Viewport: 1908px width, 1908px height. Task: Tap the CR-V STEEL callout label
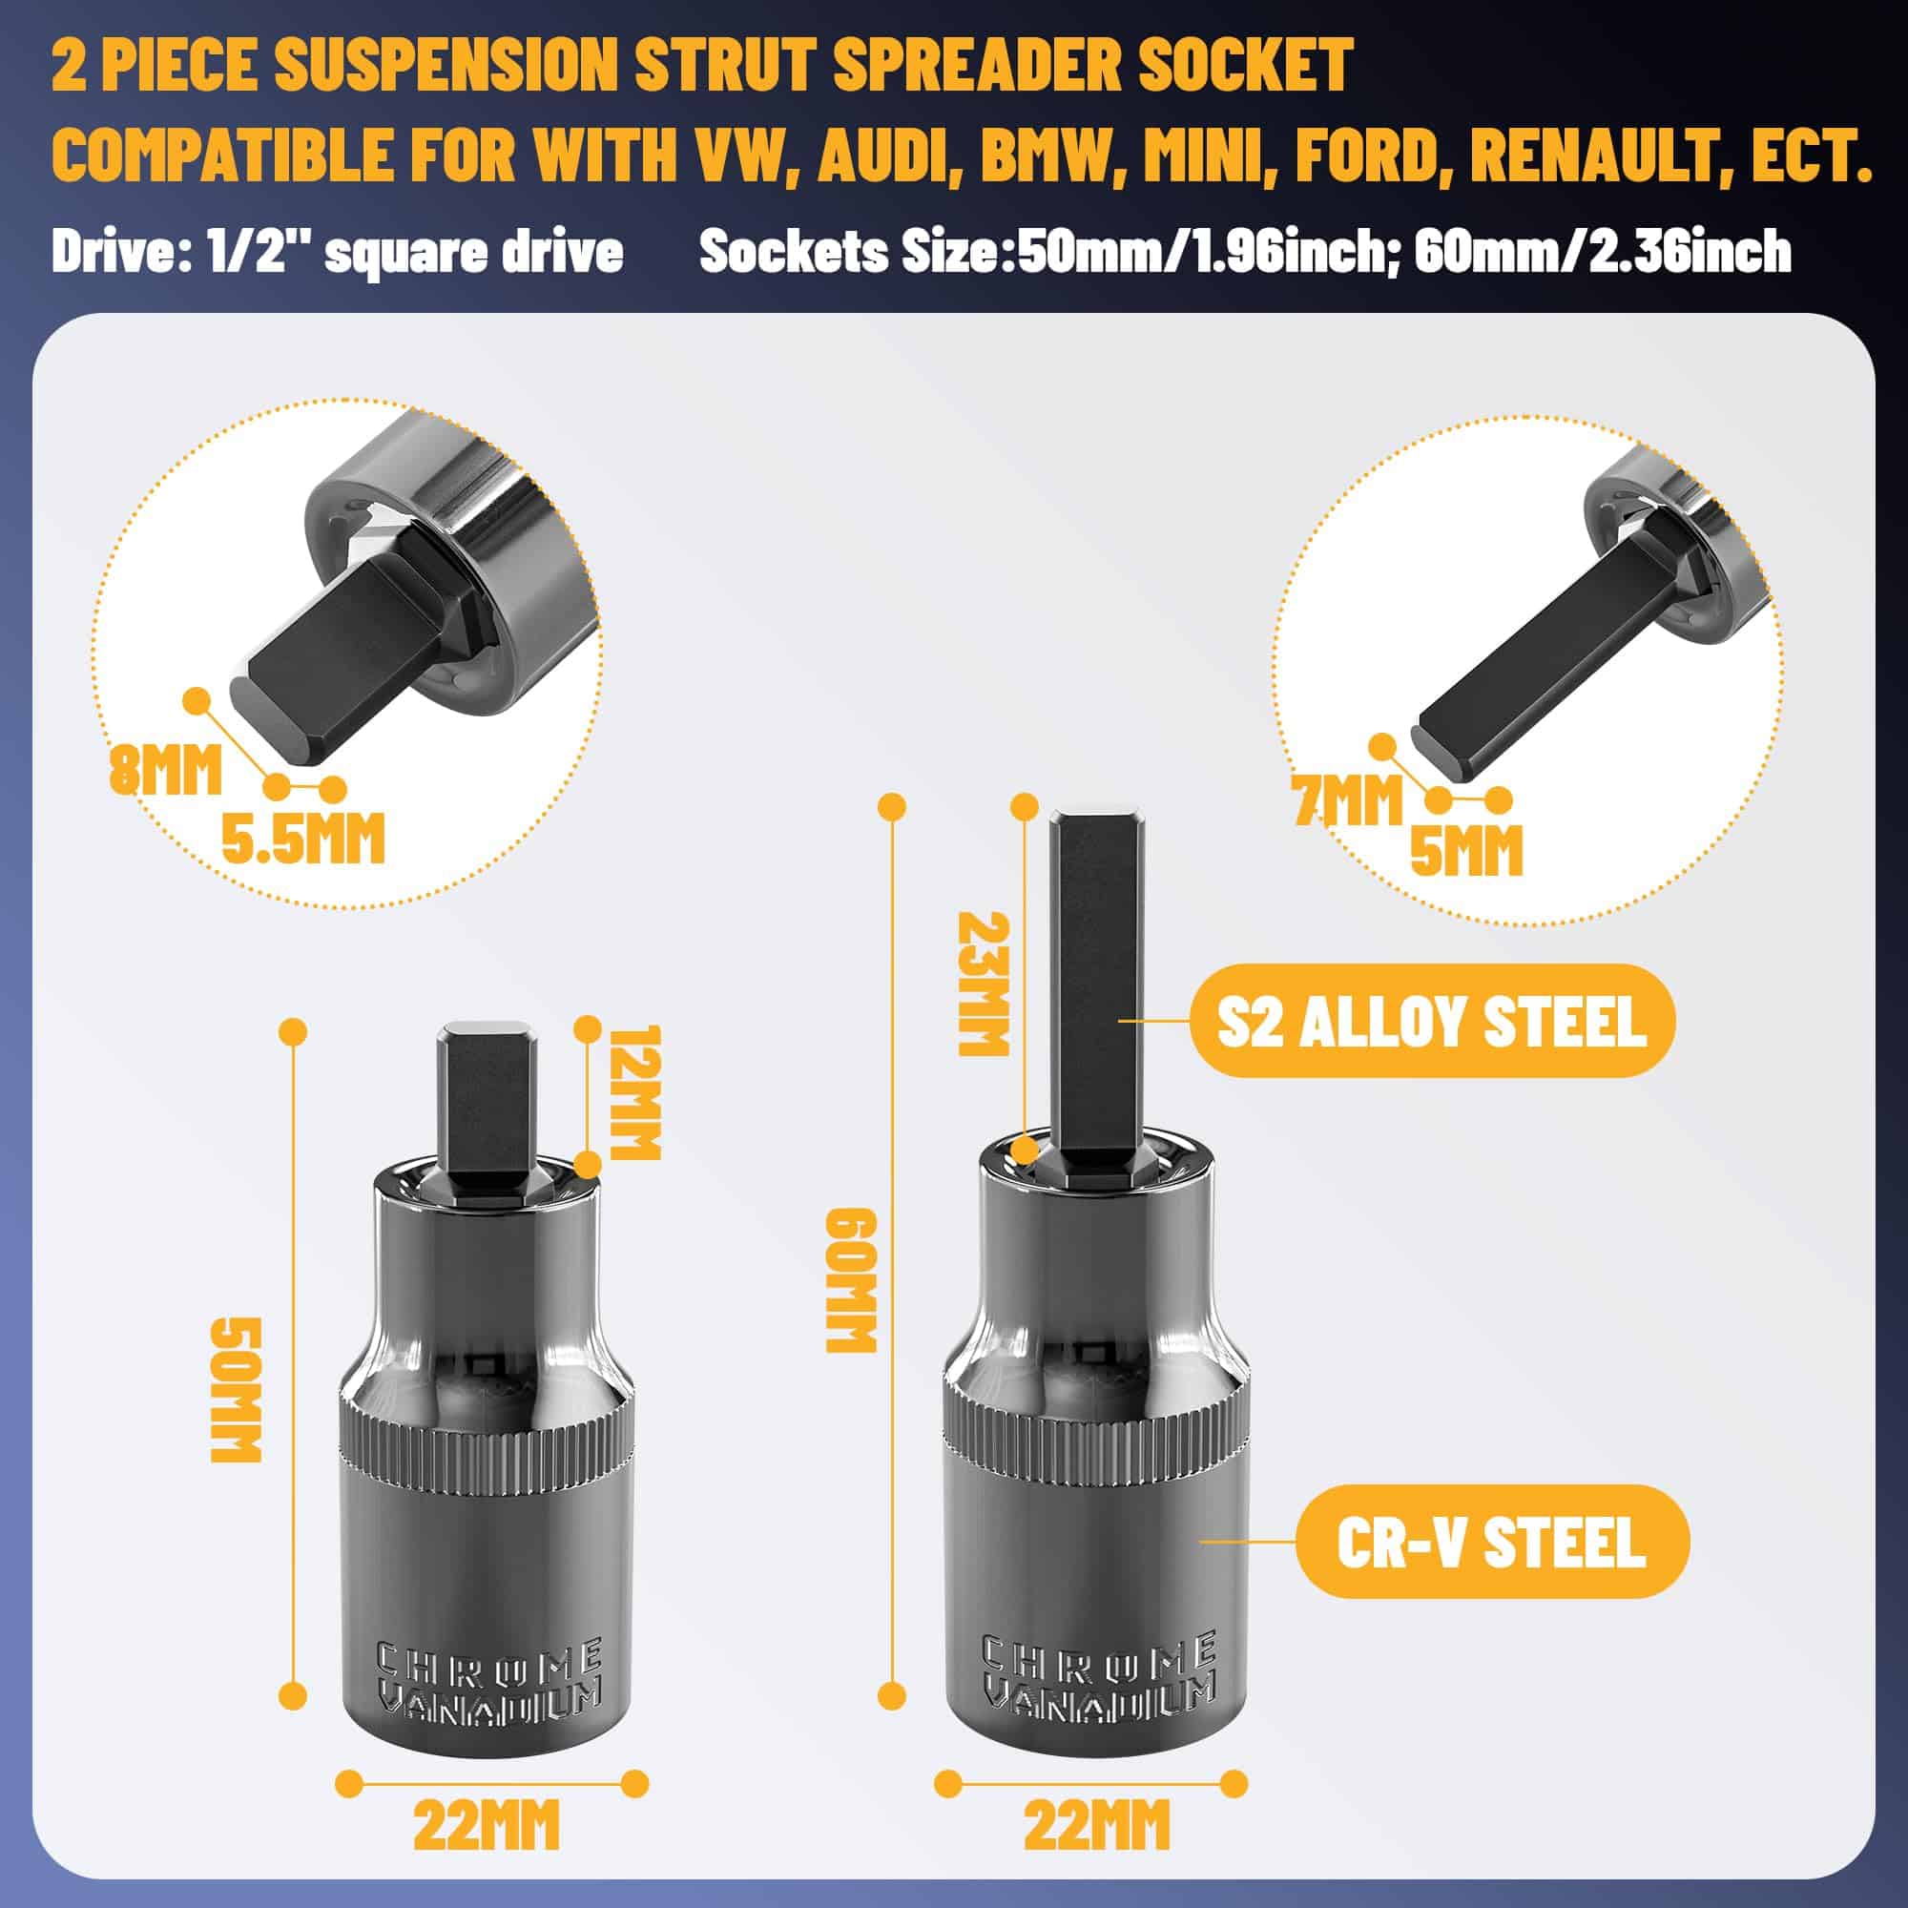(x=1491, y=1542)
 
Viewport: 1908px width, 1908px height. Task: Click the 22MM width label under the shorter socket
(x=487, y=1825)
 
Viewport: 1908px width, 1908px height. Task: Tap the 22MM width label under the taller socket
(x=1096, y=1825)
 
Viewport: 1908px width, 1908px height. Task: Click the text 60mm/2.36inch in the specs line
(x=1603, y=251)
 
